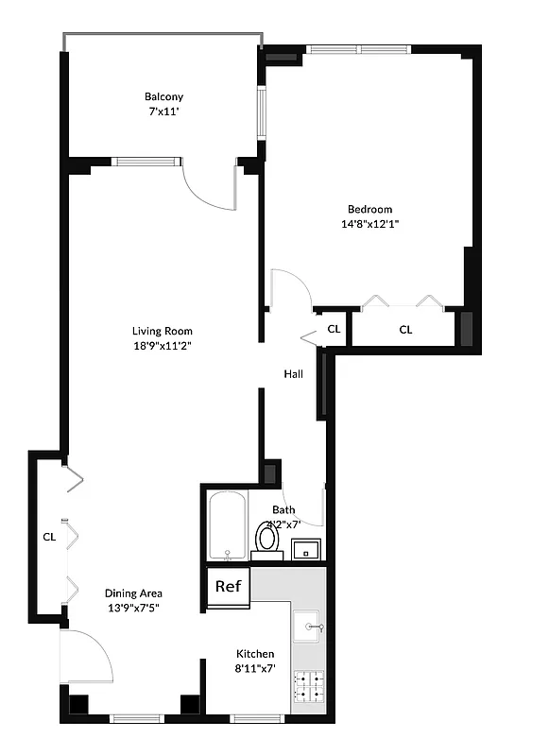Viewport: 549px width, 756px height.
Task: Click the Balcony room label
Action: tap(163, 96)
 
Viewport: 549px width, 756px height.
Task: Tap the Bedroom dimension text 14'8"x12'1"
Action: tap(369, 224)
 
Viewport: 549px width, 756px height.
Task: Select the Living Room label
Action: tap(162, 331)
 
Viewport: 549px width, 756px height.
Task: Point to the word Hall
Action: tap(294, 374)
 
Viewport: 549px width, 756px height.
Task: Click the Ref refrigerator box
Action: tap(229, 586)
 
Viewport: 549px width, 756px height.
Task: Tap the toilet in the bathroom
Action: tap(266, 538)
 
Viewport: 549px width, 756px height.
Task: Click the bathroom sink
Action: tap(305, 549)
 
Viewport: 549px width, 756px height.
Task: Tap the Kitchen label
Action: tap(255, 654)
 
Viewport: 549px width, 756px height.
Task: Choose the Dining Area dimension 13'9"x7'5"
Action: tap(132, 608)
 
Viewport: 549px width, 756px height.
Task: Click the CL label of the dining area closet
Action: tap(49, 537)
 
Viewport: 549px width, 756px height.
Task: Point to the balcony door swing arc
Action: tap(208, 187)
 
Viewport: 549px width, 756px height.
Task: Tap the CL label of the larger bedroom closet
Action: tap(405, 330)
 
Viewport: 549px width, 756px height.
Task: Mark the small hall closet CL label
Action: tap(334, 330)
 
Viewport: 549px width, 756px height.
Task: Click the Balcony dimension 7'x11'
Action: tap(163, 112)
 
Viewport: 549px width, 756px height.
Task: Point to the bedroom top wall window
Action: tap(356, 49)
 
